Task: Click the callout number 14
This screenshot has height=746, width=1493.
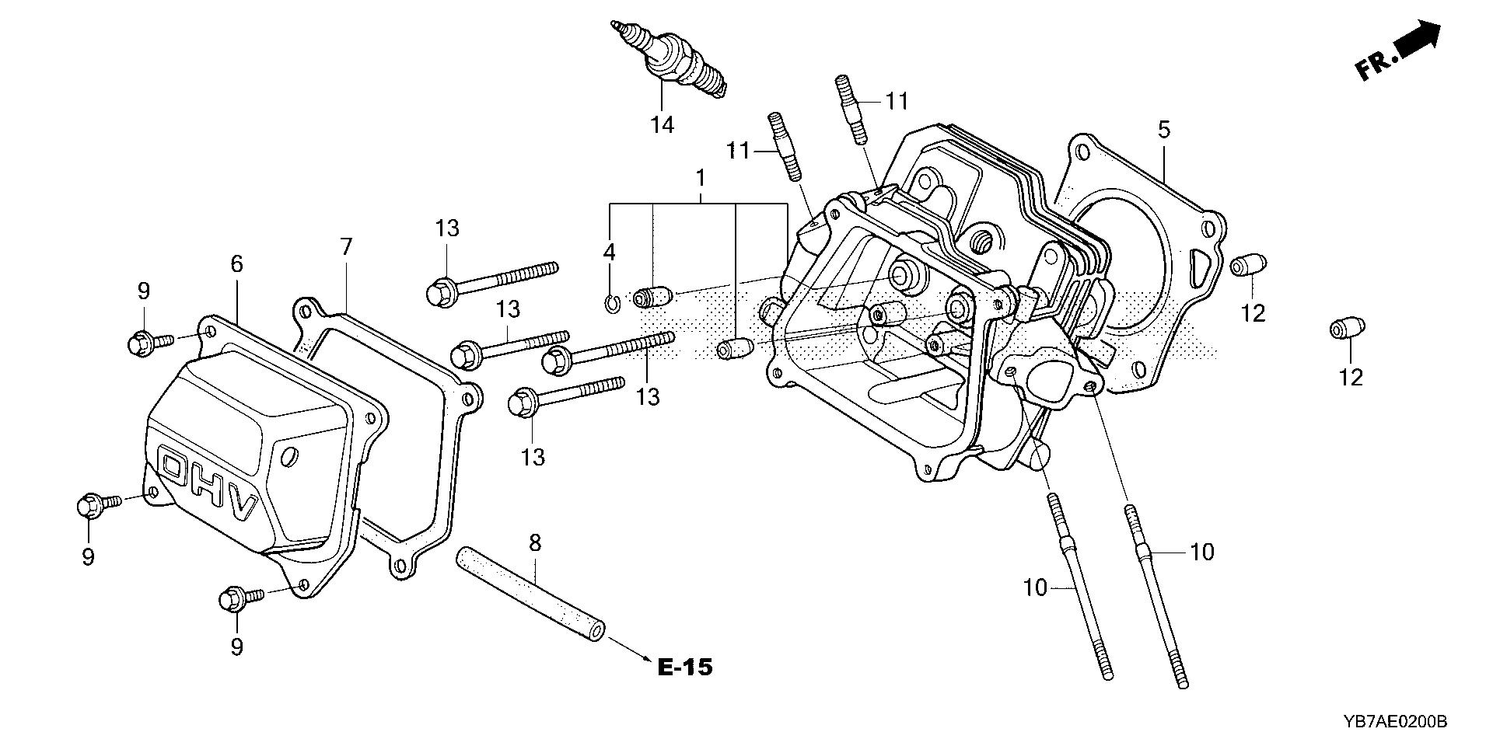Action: pyautogui.click(x=663, y=124)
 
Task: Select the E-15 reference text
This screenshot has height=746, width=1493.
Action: pyautogui.click(x=684, y=667)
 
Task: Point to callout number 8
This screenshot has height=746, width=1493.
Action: pyautogui.click(x=534, y=542)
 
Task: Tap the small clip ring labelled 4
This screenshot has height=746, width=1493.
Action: pyautogui.click(x=612, y=303)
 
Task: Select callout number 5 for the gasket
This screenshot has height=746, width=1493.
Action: pyautogui.click(x=1163, y=130)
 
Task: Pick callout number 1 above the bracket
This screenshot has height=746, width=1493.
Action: pyautogui.click(x=700, y=179)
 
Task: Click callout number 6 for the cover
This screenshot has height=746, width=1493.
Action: pyautogui.click(x=236, y=264)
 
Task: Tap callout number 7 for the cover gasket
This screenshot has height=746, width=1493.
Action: pyautogui.click(x=346, y=248)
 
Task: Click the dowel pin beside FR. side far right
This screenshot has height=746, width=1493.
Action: pyautogui.click(x=1346, y=329)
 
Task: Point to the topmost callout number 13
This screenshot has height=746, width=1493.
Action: pyautogui.click(x=447, y=228)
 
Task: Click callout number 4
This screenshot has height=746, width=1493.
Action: pyautogui.click(x=609, y=251)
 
